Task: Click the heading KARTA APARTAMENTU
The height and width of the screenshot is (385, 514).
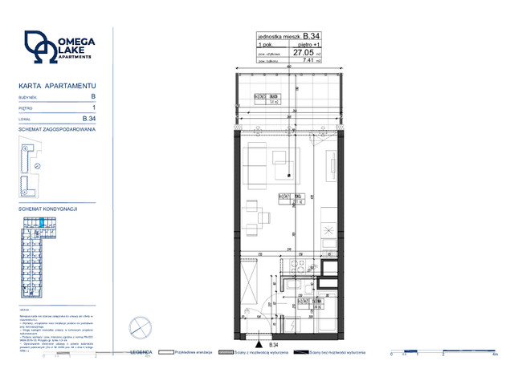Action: point(57,84)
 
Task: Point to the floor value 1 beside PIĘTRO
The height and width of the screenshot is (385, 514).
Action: point(94,107)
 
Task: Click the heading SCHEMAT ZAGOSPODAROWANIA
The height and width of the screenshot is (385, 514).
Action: point(57,128)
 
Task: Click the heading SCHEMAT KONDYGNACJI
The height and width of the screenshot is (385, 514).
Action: point(47,209)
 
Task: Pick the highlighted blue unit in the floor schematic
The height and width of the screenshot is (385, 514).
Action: point(44,224)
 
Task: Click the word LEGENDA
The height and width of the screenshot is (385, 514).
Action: point(141,352)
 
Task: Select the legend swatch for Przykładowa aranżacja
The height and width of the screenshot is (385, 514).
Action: point(168,352)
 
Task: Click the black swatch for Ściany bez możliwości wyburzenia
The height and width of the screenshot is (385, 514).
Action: point(303,352)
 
